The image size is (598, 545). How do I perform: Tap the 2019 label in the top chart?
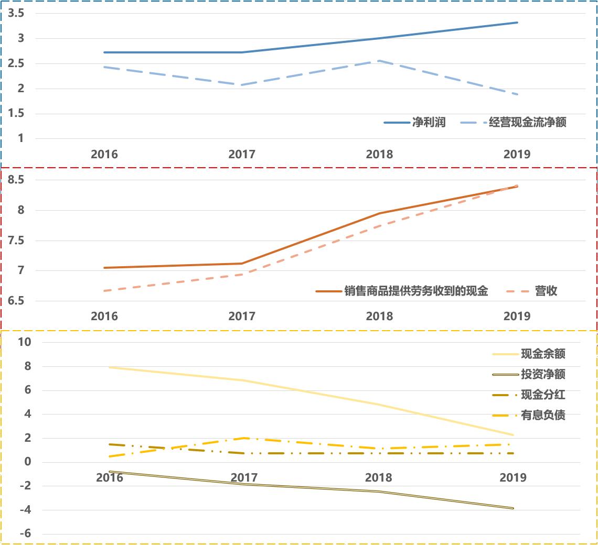(x=517, y=155)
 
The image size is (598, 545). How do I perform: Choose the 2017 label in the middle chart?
(x=242, y=317)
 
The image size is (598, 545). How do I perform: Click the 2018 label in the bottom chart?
(x=379, y=478)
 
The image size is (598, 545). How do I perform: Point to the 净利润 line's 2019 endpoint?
(x=517, y=23)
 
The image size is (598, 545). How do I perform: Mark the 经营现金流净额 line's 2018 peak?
(x=379, y=61)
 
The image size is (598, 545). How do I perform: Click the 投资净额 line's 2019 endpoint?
(x=513, y=508)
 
